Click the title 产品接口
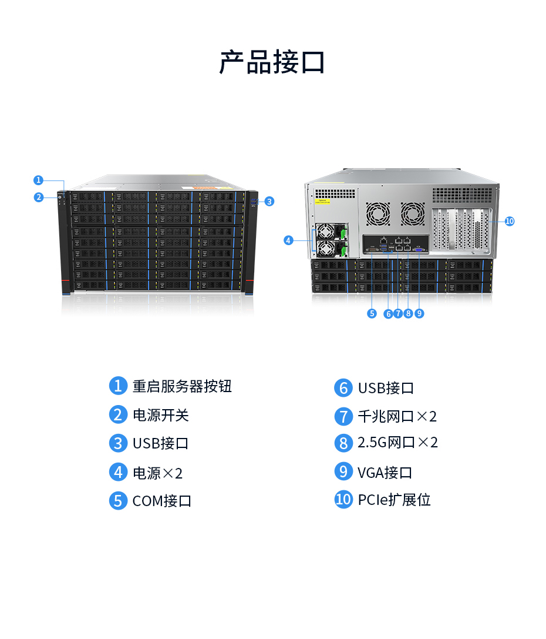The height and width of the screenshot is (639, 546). (x=272, y=62)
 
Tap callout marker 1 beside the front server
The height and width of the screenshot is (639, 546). (x=38, y=180)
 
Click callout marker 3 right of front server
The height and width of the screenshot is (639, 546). (x=269, y=201)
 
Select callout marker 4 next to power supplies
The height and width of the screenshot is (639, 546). (x=288, y=240)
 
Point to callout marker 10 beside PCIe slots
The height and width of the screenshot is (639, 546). (x=509, y=221)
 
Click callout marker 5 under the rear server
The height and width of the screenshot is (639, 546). (x=372, y=313)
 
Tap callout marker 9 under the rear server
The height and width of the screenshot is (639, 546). (x=419, y=313)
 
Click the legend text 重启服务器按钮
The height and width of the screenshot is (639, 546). (x=182, y=386)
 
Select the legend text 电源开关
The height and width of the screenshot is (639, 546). (x=160, y=415)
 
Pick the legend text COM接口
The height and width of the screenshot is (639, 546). (x=162, y=501)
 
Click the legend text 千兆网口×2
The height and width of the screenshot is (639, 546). (x=397, y=417)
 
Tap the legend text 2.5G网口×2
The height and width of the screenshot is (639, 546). (x=397, y=443)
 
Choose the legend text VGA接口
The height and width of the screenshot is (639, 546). (x=385, y=472)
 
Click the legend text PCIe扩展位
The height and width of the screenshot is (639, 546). (x=394, y=500)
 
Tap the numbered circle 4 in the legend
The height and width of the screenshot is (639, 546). (x=118, y=472)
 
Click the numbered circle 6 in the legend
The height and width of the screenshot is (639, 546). (x=343, y=388)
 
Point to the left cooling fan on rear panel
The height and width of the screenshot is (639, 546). (x=378, y=214)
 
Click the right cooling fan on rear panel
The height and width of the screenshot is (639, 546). (x=412, y=214)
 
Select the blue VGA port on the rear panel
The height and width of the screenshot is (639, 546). (x=419, y=250)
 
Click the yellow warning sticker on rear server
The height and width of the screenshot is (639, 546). (x=323, y=201)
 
